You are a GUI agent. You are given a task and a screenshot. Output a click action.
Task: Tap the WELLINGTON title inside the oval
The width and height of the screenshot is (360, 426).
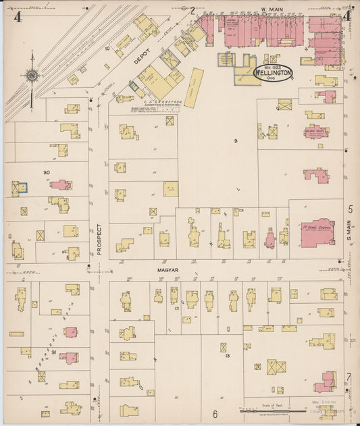273,72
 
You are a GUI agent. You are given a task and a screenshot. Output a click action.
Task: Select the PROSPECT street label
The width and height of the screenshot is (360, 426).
99,239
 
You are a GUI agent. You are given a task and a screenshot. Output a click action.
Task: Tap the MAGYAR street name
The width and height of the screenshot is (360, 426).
168,269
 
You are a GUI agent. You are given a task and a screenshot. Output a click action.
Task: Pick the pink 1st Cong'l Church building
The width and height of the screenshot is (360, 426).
317,232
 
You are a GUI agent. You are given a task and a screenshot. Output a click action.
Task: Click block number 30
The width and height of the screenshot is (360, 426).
46,172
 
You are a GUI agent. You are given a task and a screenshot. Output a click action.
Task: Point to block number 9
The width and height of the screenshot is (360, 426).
235,140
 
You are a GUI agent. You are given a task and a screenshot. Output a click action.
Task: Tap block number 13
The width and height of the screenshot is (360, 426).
229,355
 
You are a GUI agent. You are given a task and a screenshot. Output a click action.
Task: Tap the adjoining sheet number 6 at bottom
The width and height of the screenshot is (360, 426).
215,414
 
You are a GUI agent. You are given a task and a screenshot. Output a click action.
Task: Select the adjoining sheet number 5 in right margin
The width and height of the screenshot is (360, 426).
350,210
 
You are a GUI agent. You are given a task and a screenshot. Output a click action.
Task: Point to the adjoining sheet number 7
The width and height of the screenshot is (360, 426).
349,376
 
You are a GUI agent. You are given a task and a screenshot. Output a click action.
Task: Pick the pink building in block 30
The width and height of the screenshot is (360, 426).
61,184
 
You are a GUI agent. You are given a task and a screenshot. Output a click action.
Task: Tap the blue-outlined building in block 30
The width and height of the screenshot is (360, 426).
19,187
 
